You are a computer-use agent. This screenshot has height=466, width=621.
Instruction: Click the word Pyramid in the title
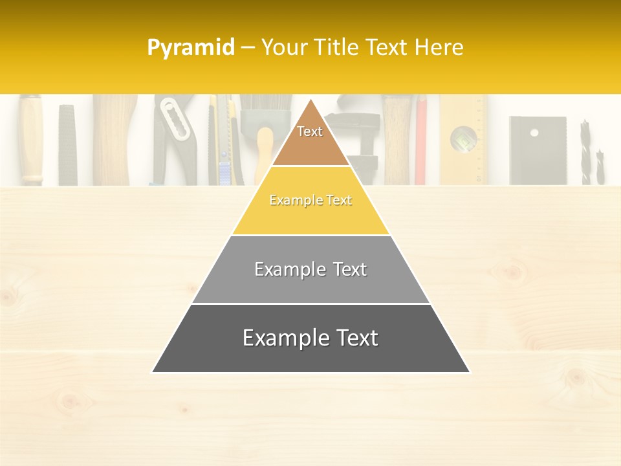click(x=190, y=47)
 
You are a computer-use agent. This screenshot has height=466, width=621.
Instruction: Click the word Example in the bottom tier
click(x=278, y=338)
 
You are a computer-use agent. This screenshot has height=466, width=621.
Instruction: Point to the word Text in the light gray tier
click(x=345, y=269)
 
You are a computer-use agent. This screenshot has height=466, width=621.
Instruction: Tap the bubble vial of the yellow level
click(x=464, y=137)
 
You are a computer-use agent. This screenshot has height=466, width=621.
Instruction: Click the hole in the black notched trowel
click(x=534, y=133)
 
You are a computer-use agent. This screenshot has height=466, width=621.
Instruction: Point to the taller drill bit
click(x=585, y=151)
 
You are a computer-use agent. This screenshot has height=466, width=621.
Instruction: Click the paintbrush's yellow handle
click(x=264, y=155)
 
